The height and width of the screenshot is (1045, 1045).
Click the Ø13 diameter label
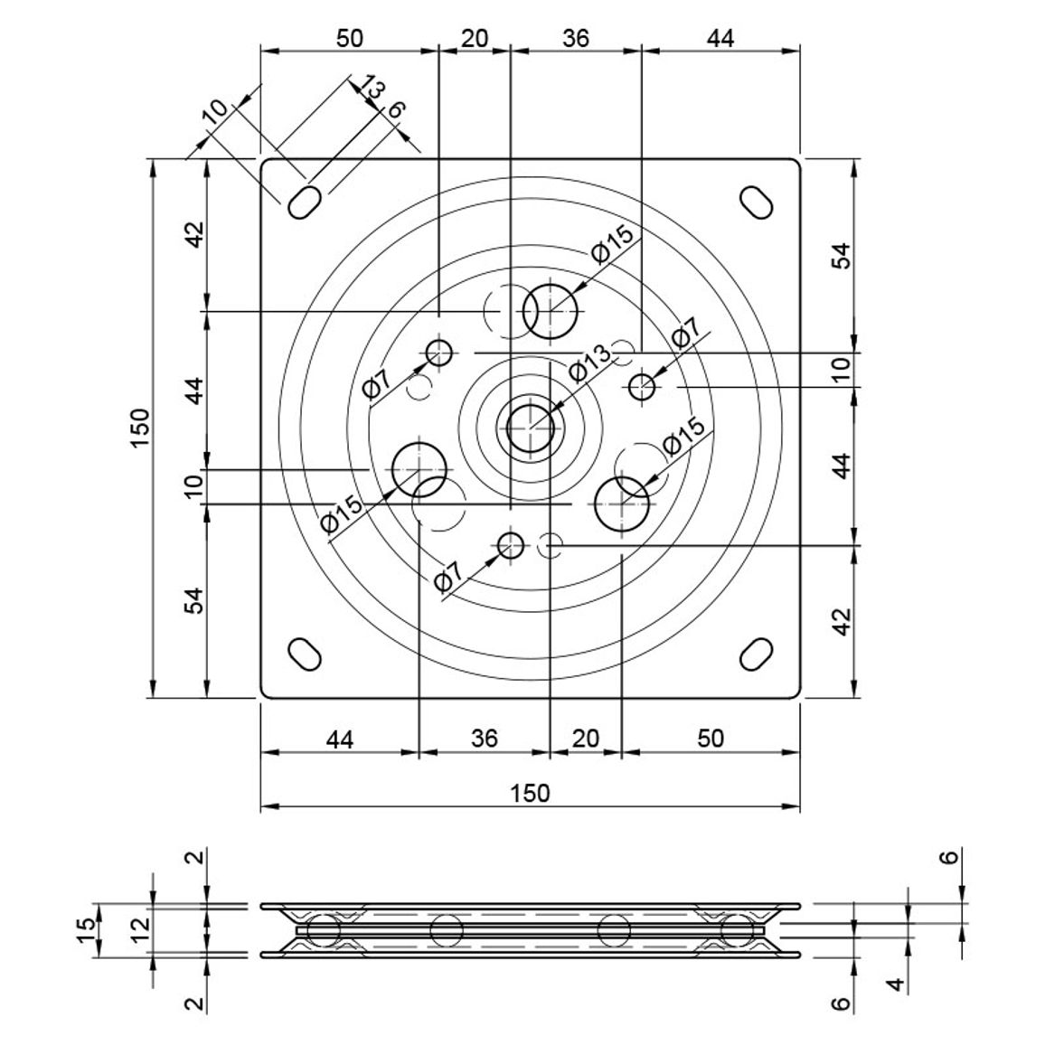(590, 363)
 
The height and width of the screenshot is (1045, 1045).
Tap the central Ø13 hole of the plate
(531, 428)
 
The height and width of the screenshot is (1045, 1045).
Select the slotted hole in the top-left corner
(305, 202)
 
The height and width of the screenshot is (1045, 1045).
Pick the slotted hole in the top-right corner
(758, 202)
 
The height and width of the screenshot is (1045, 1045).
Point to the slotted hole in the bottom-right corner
(757, 654)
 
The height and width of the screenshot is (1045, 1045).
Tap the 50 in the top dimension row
(349, 38)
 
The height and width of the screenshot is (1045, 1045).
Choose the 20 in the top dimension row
(475, 38)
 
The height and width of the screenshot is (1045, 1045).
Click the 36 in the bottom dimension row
(485, 739)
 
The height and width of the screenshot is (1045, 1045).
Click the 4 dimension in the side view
(898, 984)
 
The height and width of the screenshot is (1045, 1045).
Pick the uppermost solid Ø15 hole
(550, 311)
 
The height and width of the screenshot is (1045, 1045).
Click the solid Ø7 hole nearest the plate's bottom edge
(511, 546)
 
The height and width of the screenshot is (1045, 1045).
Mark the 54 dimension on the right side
(843, 256)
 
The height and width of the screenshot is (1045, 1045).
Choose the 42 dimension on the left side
(194, 235)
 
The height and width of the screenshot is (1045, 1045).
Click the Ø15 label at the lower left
(343, 514)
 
